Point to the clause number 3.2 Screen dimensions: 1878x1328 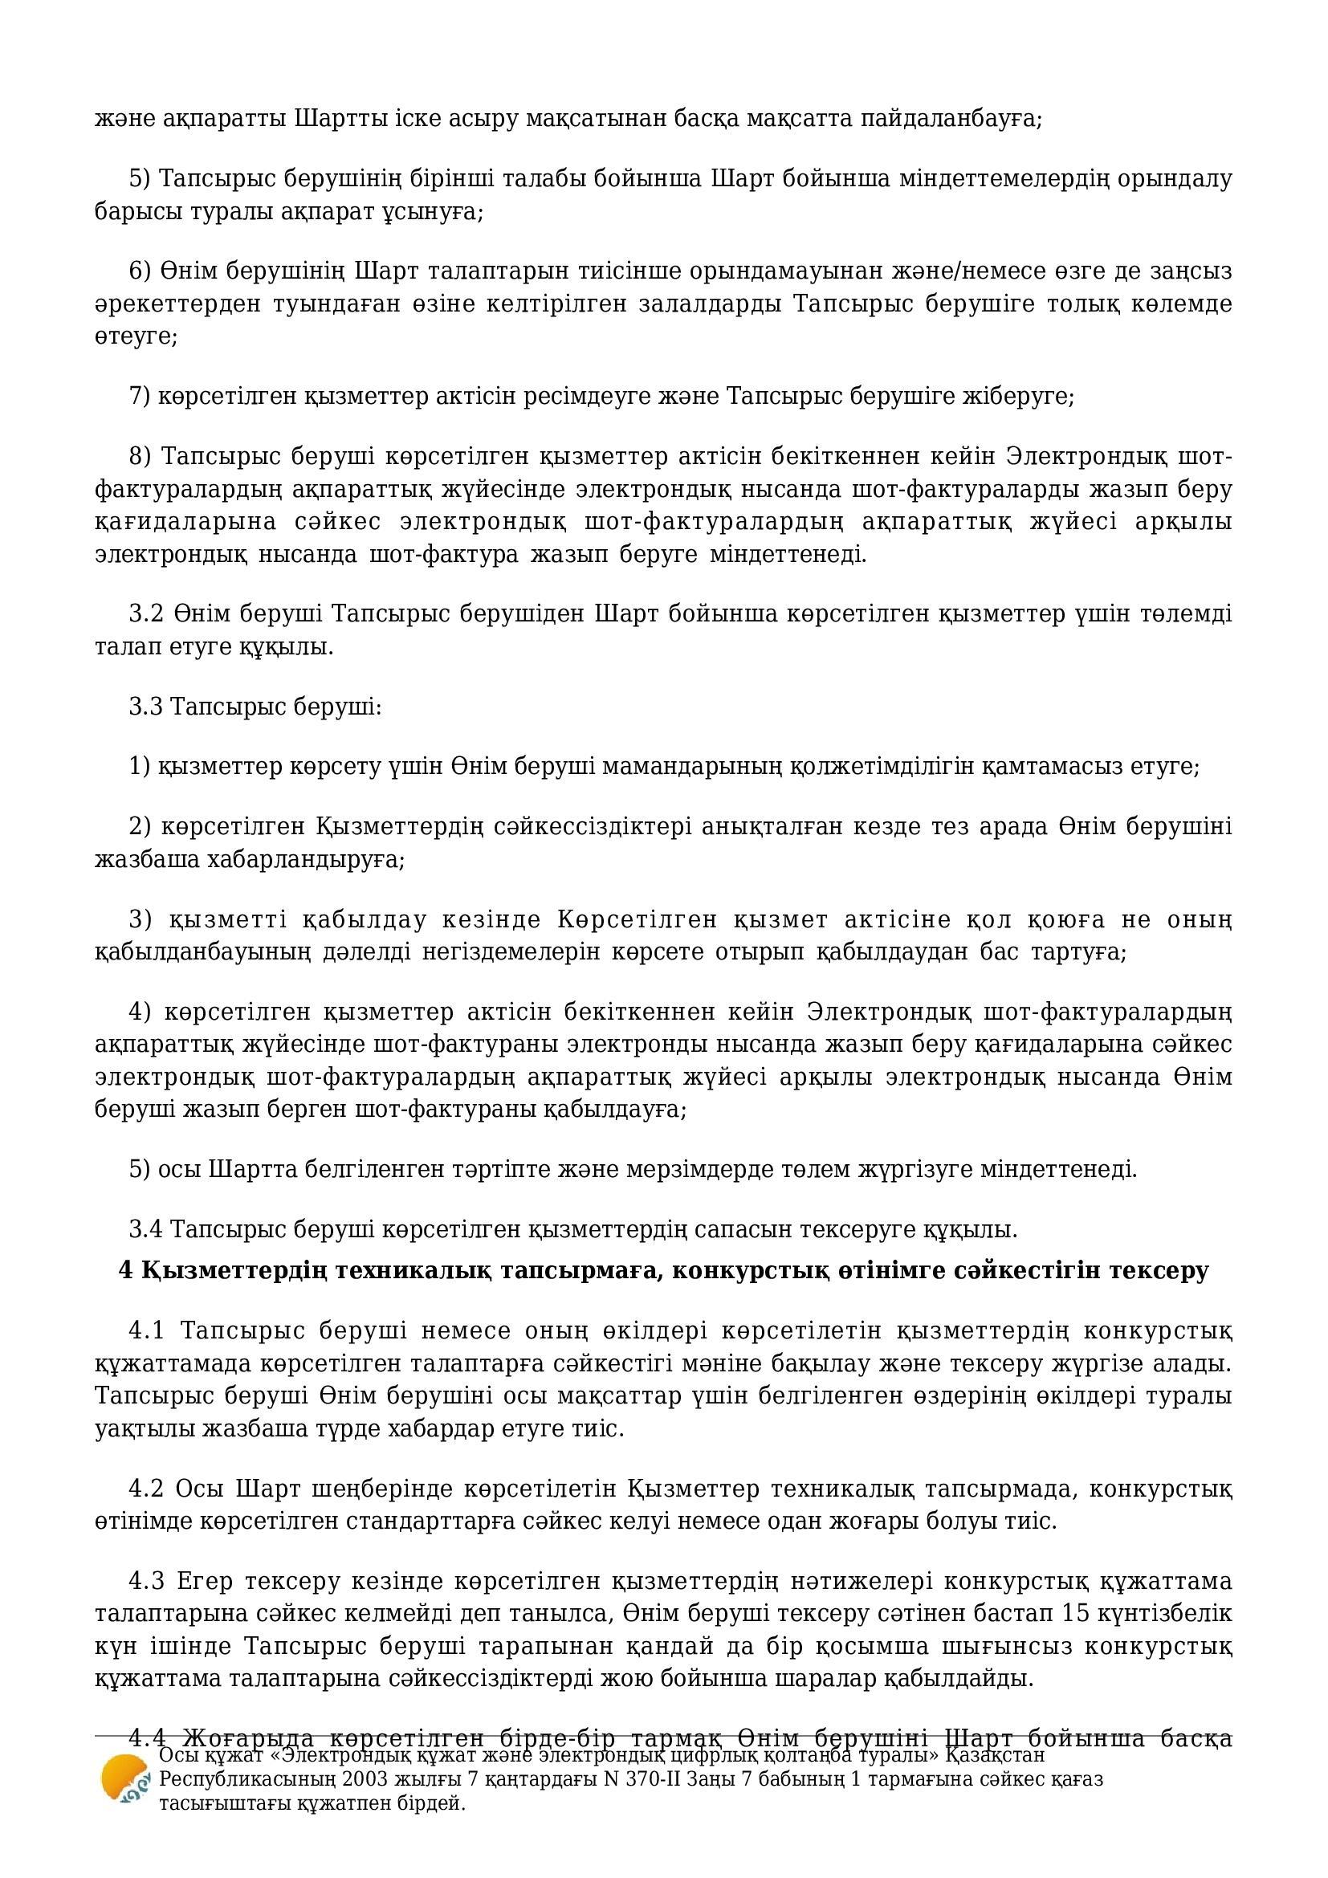tap(147, 613)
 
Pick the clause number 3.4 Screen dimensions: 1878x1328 tap(147, 1229)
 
